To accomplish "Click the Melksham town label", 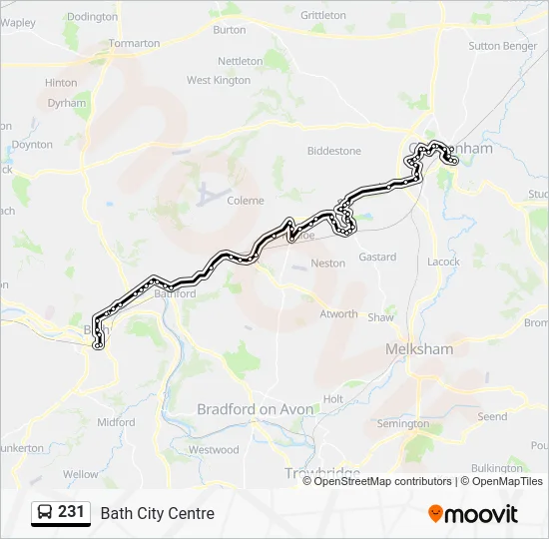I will (418, 349).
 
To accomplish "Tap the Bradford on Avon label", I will (256, 409).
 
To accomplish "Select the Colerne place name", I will (246, 200).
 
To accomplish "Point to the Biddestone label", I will (333, 151).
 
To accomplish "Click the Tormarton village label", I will (134, 44).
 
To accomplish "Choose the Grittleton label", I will (323, 16).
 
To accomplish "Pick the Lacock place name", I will (443, 262).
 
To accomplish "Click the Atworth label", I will (338, 314).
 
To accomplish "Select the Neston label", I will (328, 264).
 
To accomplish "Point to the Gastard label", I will (377, 257).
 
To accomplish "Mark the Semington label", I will (403, 424).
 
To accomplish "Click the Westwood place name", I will (214, 450).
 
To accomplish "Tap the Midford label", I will (116, 422).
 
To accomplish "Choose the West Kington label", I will (219, 80).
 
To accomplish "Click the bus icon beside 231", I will (45, 513).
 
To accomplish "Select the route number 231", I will (71, 512).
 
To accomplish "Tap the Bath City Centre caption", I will (157, 514).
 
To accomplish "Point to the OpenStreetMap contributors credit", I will (382, 481).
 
